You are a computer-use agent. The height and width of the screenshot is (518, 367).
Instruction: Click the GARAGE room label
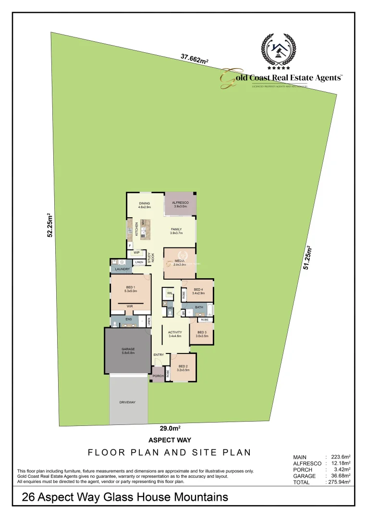point(128,349)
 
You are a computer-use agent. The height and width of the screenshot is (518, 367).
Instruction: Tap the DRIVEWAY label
point(128,402)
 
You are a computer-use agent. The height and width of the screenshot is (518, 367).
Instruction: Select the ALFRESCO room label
point(181,203)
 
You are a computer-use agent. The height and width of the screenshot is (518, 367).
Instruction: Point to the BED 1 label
point(131,287)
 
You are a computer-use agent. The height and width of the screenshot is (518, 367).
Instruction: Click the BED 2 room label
point(183,366)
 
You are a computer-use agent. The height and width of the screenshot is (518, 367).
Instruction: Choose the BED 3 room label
point(202,332)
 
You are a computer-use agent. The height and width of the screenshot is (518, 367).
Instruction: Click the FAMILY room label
point(176,230)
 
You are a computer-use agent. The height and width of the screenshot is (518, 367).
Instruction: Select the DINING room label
point(145,203)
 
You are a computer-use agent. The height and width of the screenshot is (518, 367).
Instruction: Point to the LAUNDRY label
point(123,269)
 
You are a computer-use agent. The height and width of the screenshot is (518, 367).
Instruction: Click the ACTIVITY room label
point(175,332)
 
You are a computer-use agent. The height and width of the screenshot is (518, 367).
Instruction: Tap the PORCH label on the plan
point(158,376)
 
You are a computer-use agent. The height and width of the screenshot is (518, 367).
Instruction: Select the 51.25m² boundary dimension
point(307,257)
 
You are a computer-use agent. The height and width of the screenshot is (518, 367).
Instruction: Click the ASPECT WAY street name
point(170,440)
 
